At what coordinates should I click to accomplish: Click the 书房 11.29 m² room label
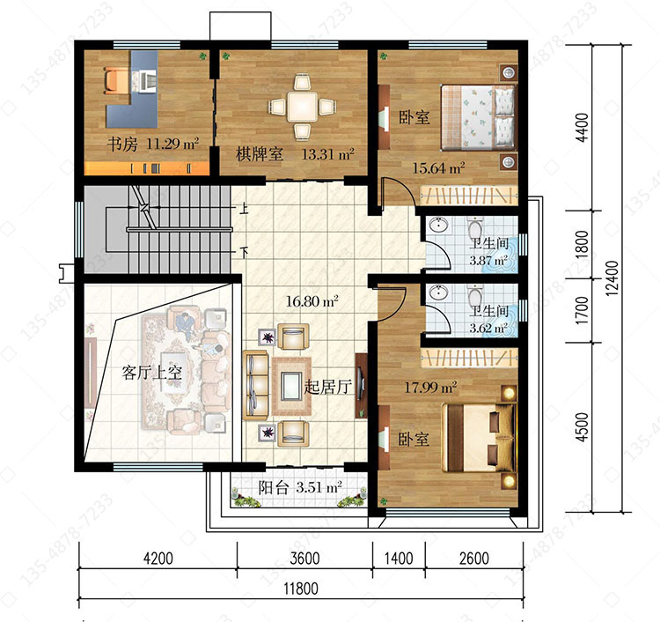(x=152, y=144)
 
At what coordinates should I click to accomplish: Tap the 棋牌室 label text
(x=259, y=154)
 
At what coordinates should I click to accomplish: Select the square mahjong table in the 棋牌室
(x=302, y=106)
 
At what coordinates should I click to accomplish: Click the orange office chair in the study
(x=113, y=80)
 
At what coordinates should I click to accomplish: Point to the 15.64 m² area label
(x=438, y=168)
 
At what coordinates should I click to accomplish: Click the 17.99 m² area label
(x=430, y=387)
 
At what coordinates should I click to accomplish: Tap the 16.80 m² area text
(x=312, y=301)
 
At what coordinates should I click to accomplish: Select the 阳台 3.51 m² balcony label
(x=300, y=487)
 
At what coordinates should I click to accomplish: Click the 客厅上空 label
(x=152, y=373)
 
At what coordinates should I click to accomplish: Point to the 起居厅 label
(x=328, y=387)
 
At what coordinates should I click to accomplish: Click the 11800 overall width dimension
(x=301, y=589)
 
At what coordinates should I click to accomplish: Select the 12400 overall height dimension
(x=612, y=278)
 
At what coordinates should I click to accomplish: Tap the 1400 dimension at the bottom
(x=399, y=559)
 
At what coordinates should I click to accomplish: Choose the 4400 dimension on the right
(x=583, y=128)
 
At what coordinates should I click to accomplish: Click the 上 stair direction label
(x=244, y=209)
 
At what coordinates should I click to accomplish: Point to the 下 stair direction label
(x=244, y=252)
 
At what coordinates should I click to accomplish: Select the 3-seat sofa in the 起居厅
(x=255, y=385)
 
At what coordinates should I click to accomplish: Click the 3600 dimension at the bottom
(x=304, y=559)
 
